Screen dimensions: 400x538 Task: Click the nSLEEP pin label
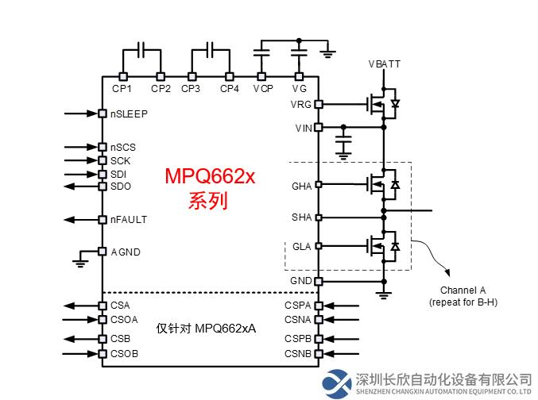pos(129,113)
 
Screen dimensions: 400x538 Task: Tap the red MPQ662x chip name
pos(210,176)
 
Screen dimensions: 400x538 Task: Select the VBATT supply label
pos(385,63)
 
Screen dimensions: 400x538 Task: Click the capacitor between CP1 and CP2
pos(141,51)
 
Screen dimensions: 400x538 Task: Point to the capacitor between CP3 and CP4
pos(210,51)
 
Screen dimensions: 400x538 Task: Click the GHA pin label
pos(302,186)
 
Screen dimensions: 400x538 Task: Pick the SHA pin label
pos(302,217)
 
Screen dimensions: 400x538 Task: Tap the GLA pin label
pos(302,247)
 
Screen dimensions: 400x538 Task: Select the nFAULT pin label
pos(129,219)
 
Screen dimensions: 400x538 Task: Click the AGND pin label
pos(125,252)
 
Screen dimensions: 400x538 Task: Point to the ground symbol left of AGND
pos(79,258)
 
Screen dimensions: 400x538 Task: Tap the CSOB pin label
pos(125,353)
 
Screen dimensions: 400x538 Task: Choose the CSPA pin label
pos(298,305)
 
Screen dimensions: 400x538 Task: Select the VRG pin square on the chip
pos(319,104)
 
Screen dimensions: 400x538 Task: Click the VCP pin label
pos(263,88)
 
